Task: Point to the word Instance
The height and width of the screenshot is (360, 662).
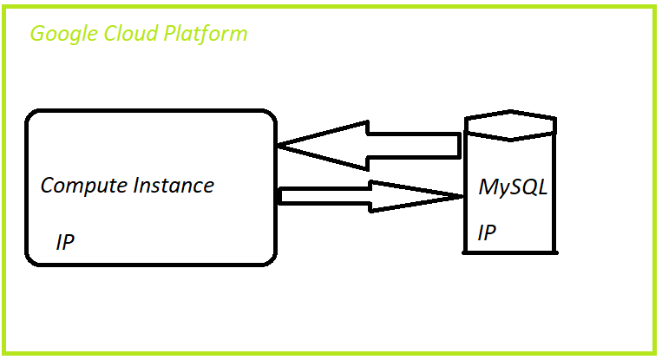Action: pos(174,185)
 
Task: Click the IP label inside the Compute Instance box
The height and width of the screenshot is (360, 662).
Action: pos(65,243)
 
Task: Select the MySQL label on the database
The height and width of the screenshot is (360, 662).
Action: pos(513,187)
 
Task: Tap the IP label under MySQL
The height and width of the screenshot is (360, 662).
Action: pos(487,233)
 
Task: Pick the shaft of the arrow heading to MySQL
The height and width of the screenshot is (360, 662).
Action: pos(325,196)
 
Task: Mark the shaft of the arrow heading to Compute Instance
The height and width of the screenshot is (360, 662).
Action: pos(412,146)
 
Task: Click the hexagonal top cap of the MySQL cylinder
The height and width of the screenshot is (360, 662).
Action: pos(510,125)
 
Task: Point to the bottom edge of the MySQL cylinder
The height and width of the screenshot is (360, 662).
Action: pos(510,252)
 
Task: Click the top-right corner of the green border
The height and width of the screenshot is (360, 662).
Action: pos(652,9)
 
